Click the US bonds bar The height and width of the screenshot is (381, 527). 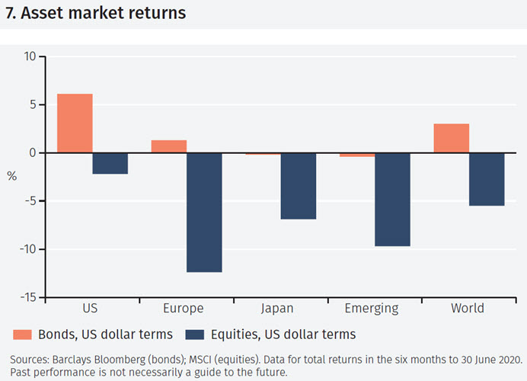(x=75, y=123)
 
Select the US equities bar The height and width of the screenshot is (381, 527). (x=110, y=163)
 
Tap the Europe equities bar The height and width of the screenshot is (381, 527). (x=204, y=212)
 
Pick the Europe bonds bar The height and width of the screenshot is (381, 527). (x=168, y=146)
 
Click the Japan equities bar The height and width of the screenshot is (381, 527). (x=299, y=186)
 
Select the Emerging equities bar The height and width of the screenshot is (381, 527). (x=392, y=199)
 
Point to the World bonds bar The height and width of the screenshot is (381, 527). (x=451, y=138)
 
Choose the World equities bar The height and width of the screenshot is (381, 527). (x=487, y=179)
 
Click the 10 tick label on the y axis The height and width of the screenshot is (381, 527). (x=30, y=56)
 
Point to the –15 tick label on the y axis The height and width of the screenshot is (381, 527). (x=27, y=298)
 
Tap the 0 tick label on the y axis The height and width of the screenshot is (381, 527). (x=33, y=152)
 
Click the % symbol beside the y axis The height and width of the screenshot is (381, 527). (x=11, y=176)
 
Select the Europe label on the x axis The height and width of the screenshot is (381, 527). (x=183, y=309)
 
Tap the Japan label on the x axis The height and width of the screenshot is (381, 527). (x=277, y=309)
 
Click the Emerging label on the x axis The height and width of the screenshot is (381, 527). (x=371, y=309)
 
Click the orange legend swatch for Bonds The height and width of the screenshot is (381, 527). (x=20, y=334)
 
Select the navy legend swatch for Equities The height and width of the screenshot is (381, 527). (x=194, y=334)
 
